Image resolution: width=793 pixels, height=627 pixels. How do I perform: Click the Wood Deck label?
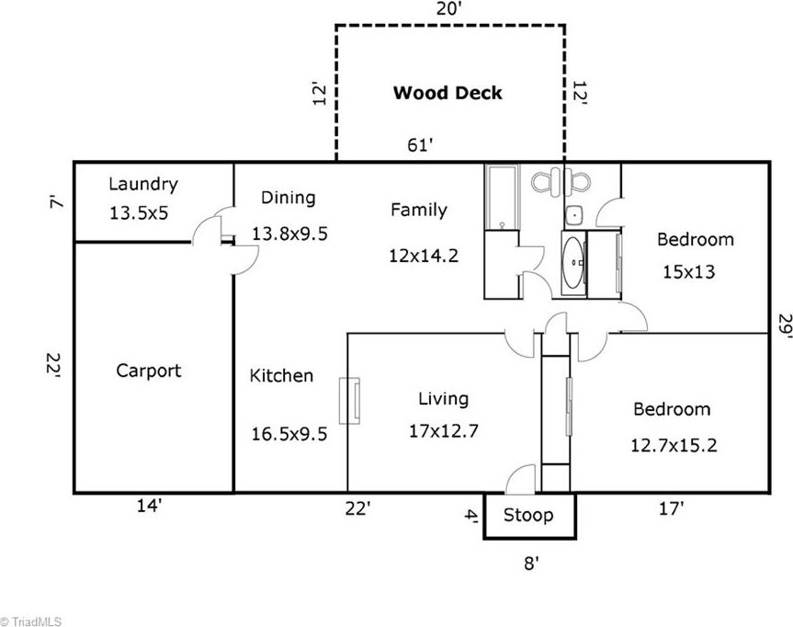(x=447, y=93)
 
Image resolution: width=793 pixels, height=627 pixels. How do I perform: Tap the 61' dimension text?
(x=420, y=145)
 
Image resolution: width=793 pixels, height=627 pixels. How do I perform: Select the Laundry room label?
(x=143, y=184)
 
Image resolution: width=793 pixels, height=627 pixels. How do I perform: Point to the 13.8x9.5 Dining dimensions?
(x=289, y=234)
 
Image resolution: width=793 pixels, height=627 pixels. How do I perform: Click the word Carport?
(x=149, y=370)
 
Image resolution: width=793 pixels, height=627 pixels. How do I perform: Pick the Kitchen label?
(x=282, y=375)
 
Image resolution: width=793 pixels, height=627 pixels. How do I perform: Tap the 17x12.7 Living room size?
(x=443, y=431)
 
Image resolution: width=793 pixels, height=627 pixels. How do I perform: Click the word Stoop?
(x=528, y=516)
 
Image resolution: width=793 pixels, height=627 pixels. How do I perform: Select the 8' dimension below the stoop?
(x=531, y=563)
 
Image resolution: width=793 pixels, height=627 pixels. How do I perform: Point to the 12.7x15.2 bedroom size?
(x=674, y=446)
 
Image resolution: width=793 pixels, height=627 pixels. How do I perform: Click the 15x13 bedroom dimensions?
(x=689, y=272)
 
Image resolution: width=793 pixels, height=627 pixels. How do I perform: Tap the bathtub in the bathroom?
(x=502, y=198)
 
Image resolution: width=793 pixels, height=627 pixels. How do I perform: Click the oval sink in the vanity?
(x=573, y=263)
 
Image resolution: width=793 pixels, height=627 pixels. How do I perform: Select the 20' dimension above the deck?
(x=448, y=8)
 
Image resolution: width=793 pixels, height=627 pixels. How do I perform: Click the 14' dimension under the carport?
(x=149, y=505)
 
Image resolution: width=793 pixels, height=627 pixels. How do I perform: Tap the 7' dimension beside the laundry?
(x=57, y=203)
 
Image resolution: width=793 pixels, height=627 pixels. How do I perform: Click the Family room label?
(x=419, y=210)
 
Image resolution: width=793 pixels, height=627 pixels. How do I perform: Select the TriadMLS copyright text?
(x=31, y=621)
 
